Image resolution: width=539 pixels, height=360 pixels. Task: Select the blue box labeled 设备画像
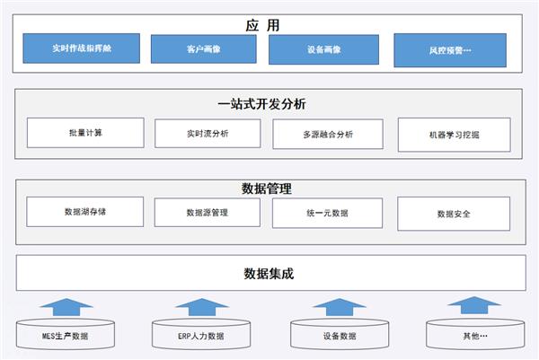[x=323, y=49]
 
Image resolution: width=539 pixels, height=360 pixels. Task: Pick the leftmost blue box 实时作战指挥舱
[x=83, y=48]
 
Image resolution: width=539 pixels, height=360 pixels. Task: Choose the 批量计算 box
[x=85, y=133]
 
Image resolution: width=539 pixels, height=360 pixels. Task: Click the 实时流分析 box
[x=208, y=134]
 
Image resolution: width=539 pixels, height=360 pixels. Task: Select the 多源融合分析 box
[x=327, y=135]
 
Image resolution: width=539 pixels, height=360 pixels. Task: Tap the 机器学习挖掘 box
[x=455, y=136]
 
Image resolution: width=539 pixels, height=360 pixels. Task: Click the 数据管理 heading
[x=267, y=189]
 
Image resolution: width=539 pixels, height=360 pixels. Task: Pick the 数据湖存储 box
[x=85, y=212]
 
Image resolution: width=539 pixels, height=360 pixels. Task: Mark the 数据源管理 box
[x=208, y=213]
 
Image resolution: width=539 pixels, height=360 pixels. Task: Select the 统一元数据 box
[x=327, y=213]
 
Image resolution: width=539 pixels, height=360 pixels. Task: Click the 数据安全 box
[x=454, y=214]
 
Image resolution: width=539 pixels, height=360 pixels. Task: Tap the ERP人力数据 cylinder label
[x=200, y=337]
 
